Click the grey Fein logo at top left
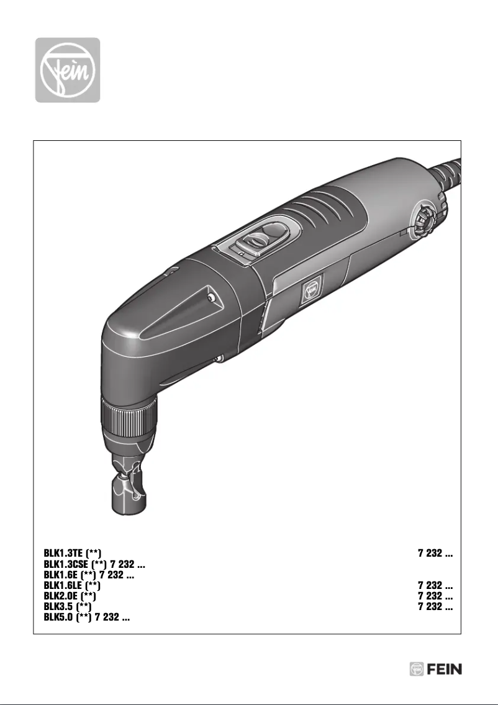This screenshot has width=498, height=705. click(x=67, y=70)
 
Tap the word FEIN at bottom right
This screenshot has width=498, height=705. click(x=445, y=669)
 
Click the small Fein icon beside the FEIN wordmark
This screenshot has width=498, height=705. click(x=417, y=669)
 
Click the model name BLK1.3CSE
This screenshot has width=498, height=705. click(x=67, y=565)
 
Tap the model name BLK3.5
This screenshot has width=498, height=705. click(x=58, y=607)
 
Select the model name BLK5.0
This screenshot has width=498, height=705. click(x=58, y=617)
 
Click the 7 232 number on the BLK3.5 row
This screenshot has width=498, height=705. click(x=434, y=607)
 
